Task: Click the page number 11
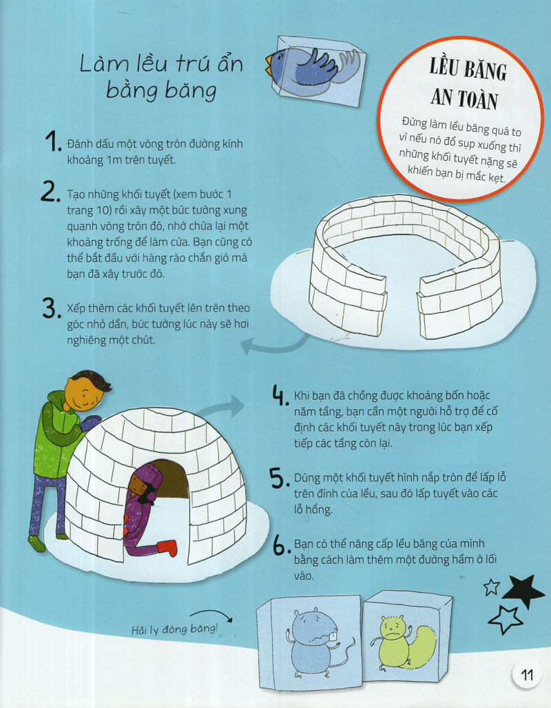coord(527,675)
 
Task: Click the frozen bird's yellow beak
coord(271,65)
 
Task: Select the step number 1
coord(53,141)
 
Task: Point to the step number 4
coord(280,396)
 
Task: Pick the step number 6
coord(281,546)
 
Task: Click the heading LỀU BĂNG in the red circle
coord(468,70)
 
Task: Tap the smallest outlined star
coord(492,587)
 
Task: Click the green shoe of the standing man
coord(37,543)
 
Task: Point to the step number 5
coord(280,478)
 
